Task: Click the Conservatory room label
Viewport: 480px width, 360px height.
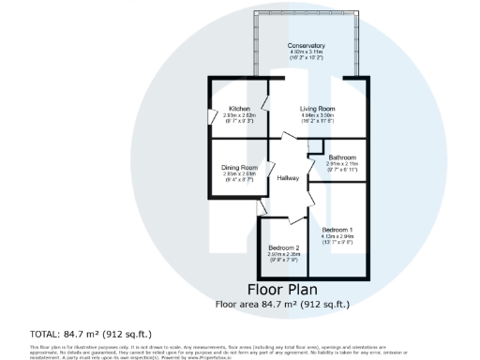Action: click(x=307, y=45)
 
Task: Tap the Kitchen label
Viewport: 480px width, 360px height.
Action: click(x=239, y=109)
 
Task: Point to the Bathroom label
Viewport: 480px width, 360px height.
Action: click(x=341, y=157)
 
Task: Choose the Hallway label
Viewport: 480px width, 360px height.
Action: click(x=287, y=178)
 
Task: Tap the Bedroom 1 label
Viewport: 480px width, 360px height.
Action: click(x=337, y=230)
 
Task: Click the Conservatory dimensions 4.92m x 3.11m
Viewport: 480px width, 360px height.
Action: click(x=307, y=52)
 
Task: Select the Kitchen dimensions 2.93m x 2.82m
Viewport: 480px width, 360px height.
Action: click(x=239, y=115)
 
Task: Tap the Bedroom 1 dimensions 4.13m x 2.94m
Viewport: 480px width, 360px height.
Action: click(x=337, y=236)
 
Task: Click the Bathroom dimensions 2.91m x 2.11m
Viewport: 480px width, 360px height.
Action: click(x=341, y=163)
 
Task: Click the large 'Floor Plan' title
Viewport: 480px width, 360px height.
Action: click(x=282, y=289)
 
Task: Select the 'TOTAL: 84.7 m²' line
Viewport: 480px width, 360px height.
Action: click(x=91, y=334)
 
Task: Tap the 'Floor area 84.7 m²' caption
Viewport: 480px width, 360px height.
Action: click(x=282, y=303)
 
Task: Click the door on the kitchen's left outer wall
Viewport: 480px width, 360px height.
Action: click(x=209, y=116)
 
